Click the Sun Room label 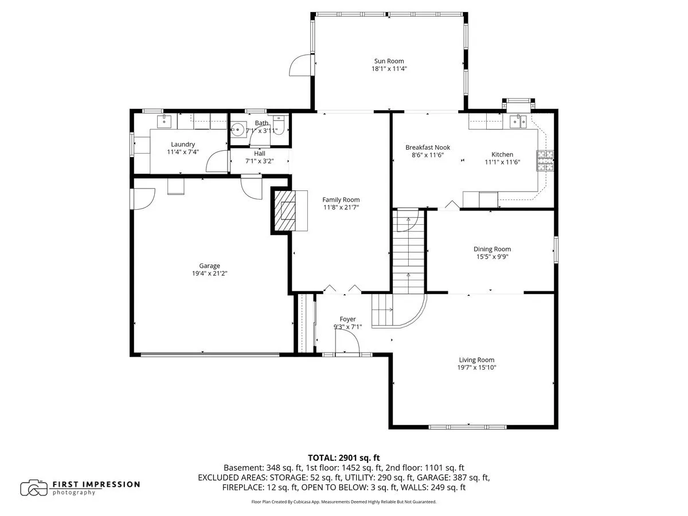tap(389, 61)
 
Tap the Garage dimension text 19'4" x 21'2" tap(209, 273)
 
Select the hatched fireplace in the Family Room tap(285, 210)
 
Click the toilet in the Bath tap(278, 124)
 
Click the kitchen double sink tap(518, 121)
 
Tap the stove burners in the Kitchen tap(545, 161)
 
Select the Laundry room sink tap(164, 121)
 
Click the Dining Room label tap(492, 249)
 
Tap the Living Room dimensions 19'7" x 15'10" tap(476, 368)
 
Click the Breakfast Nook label tap(428, 147)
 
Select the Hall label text tap(260, 154)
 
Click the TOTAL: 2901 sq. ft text tap(344, 458)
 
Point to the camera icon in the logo tap(34, 488)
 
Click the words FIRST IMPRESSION tap(96, 484)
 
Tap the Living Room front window tap(467, 427)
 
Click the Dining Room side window tap(556, 250)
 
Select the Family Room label tap(341, 200)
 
